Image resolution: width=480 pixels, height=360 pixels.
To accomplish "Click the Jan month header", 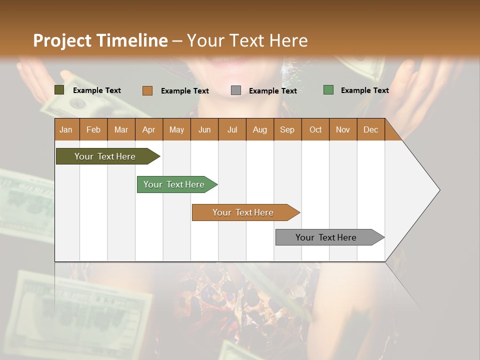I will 66,129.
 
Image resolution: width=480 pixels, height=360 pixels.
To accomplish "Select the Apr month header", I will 148,129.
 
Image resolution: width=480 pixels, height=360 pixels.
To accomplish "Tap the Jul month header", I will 232,129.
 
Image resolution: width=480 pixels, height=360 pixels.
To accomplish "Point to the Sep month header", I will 287,129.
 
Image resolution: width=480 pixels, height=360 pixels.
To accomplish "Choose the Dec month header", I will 370,129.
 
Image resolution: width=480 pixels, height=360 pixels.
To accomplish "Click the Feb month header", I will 93,129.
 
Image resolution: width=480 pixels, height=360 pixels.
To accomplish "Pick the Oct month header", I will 315,129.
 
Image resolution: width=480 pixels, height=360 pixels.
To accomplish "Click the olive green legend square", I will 59,90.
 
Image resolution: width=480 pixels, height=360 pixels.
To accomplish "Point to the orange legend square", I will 147,90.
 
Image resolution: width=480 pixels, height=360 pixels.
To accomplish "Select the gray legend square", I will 236,90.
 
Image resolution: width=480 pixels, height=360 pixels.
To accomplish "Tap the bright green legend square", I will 328,90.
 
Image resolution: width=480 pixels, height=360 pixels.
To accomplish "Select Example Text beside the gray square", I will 272,91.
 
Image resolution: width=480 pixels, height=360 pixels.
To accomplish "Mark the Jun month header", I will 204,129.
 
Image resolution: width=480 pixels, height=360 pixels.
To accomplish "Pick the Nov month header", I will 342,129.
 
